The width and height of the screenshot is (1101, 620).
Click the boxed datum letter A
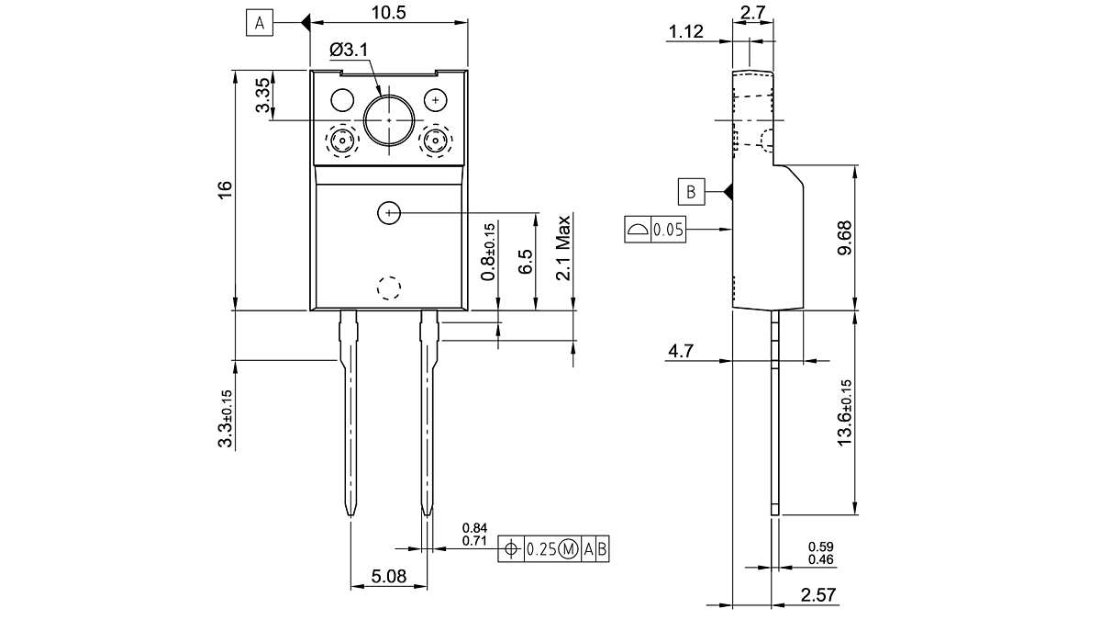[x=260, y=23]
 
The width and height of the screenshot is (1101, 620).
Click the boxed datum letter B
[x=692, y=192]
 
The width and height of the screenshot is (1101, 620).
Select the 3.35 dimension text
[x=263, y=96]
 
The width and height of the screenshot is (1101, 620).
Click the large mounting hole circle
[x=389, y=119]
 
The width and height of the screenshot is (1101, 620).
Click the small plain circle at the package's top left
[x=342, y=99]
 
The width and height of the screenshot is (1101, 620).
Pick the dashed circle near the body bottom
[x=389, y=287]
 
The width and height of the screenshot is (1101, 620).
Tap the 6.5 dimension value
[x=526, y=262]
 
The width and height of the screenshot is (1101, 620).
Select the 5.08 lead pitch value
[x=388, y=577]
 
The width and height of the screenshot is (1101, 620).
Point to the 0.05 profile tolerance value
[x=669, y=230]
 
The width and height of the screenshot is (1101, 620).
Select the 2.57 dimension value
[x=817, y=595]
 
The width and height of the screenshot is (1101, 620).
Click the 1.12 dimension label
[x=686, y=32]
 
